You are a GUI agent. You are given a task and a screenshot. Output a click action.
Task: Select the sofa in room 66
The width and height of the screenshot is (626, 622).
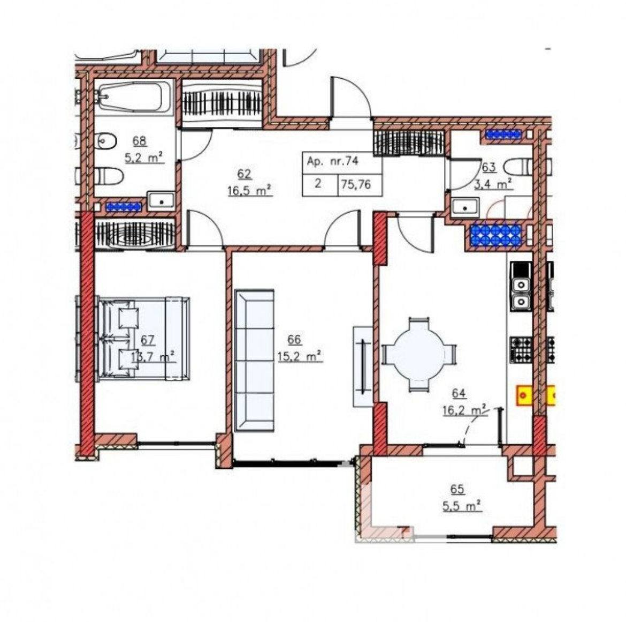coord(255,361)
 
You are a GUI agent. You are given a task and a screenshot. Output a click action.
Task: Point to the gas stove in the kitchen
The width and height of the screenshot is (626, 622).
coord(521,350)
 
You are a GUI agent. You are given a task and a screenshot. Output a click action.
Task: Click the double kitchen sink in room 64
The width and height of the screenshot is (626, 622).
coord(521,291)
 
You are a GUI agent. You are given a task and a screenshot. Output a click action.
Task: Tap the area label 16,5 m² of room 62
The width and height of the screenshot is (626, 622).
coord(250,191)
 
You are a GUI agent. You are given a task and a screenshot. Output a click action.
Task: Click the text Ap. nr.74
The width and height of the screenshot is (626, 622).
coord(333,161)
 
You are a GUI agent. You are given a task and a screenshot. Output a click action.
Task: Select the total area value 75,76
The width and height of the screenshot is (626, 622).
coord(356,185)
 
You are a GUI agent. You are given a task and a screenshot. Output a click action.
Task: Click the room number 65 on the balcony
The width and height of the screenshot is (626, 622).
coord(457,489)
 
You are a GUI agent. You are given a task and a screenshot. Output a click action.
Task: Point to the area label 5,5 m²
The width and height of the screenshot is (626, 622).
coord(461,506)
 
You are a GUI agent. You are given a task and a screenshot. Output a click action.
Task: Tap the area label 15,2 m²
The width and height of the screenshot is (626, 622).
coord(300,356)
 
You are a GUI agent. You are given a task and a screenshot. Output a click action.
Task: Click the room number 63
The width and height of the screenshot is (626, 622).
coord(489,167)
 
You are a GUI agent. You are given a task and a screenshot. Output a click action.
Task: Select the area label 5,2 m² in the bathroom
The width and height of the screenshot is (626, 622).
coord(144,158)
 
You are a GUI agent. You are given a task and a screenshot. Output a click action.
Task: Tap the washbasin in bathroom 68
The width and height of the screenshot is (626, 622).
coord(161,201)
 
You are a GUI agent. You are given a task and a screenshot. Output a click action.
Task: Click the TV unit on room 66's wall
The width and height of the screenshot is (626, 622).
coord(363,366)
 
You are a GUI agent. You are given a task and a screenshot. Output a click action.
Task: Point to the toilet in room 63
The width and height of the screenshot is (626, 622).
coord(518,167)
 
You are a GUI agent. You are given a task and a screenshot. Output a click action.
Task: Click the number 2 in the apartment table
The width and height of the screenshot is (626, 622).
coord(318,184)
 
